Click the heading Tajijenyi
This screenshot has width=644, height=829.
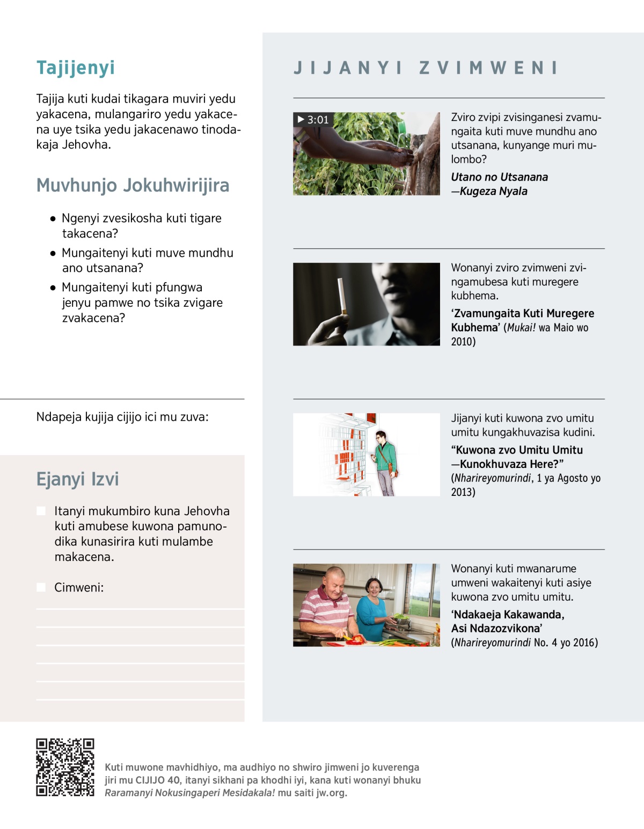pos(76,68)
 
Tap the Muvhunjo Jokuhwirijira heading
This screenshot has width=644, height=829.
pos(133,185)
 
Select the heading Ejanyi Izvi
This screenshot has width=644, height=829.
pos(77,479)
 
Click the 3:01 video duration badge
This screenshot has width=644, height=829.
pos(313,119)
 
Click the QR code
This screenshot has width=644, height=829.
pos(65,767)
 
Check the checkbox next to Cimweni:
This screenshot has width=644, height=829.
pos(41,587)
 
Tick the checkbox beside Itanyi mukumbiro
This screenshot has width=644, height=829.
pos(41,511)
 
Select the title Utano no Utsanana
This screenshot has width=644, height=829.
pos(499,177)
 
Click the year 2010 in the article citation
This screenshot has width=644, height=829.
pos(463,342)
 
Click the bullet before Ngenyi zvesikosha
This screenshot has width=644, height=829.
pos(53,219)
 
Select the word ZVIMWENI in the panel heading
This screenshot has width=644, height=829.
pos(488,68)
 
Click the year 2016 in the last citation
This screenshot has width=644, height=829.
pos(585,643)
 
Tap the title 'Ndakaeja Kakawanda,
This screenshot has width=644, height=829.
pos(508,615)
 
